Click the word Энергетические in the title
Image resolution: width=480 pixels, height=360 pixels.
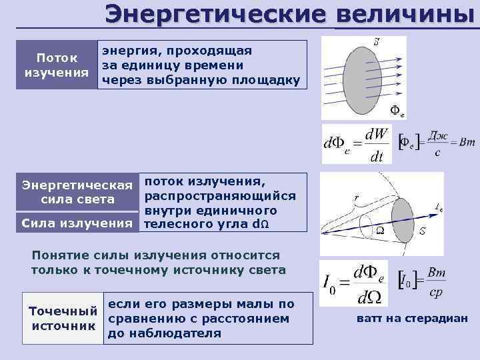coord(216,14)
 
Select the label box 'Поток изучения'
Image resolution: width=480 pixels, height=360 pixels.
coord(56,65)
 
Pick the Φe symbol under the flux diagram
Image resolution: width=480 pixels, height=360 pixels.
coord(396,111)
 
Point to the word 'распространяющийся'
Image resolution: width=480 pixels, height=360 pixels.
coord(220,195)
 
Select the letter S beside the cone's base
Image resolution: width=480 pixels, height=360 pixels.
coord(423,231)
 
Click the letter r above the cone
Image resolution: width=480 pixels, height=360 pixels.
coord(356,198)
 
